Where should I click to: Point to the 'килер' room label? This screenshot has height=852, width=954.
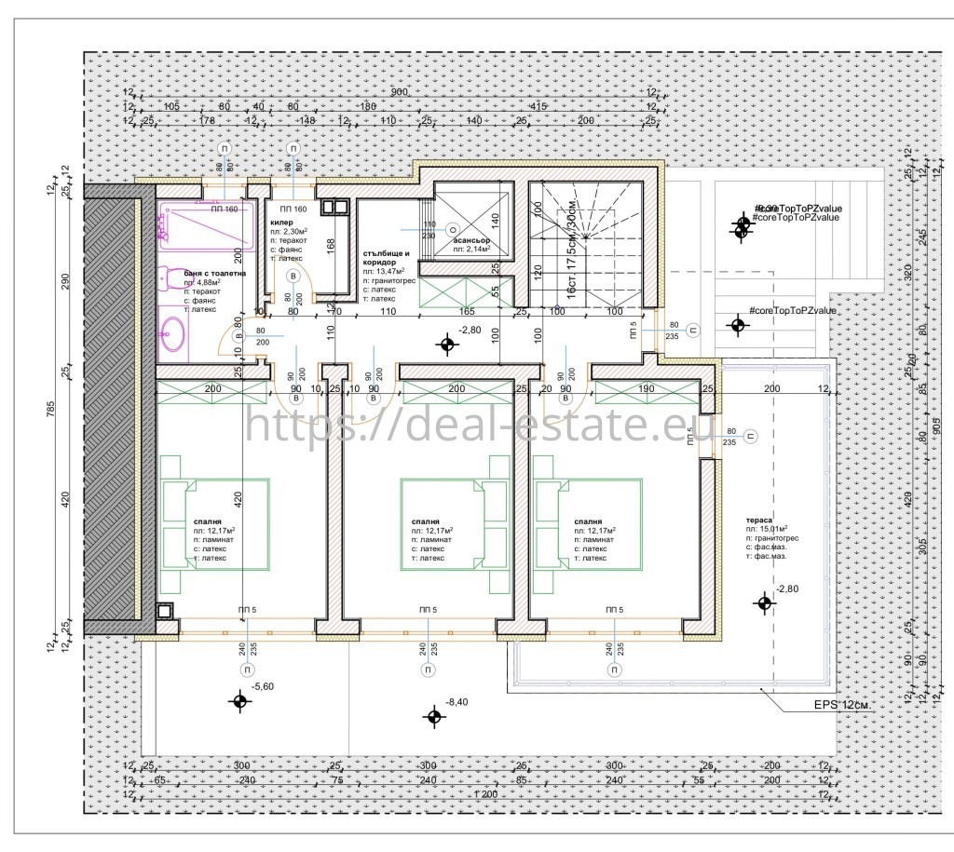tap(282, 224)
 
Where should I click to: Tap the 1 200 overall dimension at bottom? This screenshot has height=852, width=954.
tap(484, 794)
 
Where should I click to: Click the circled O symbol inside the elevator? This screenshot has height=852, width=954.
tap(452, 229)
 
